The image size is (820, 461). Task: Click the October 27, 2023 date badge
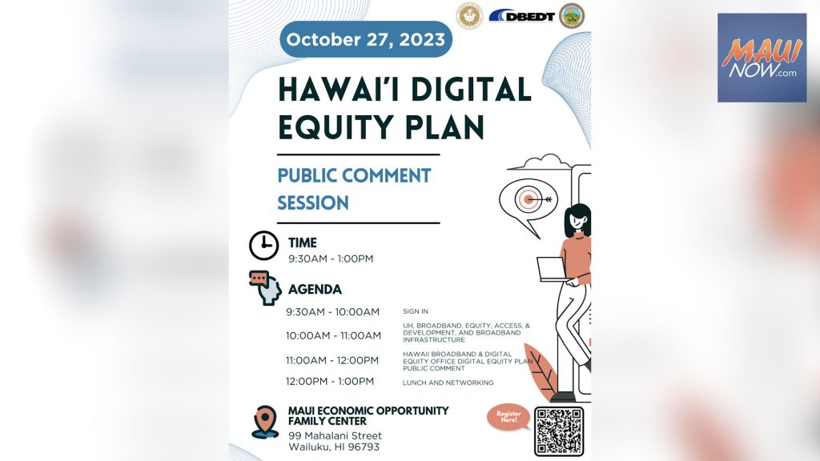pos(366,39)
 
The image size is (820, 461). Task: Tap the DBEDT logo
pos(522,16)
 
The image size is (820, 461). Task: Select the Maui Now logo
pos(762,58)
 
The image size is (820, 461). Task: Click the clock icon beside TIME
pos(263,245)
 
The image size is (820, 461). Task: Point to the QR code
pos(558,431)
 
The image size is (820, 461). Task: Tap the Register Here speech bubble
pos(508,417)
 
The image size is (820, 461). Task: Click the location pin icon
pos(265,422)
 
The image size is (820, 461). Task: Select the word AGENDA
pos(315,290)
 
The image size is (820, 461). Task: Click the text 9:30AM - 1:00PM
pos(331,259)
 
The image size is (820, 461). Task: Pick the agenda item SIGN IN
pos(416,311)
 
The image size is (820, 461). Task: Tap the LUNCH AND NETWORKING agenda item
pos(448,383)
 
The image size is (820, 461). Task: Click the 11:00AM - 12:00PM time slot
pos(332,361)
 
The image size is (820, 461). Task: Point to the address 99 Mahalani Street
pos(335,435)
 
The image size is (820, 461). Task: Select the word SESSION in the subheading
pos(313,202)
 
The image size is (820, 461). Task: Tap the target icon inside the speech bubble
pos(529,199)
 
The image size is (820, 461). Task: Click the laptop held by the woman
pos(551,269)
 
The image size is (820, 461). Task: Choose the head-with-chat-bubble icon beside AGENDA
pos(266,287)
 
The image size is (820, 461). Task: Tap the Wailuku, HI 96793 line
pos(334,447)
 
